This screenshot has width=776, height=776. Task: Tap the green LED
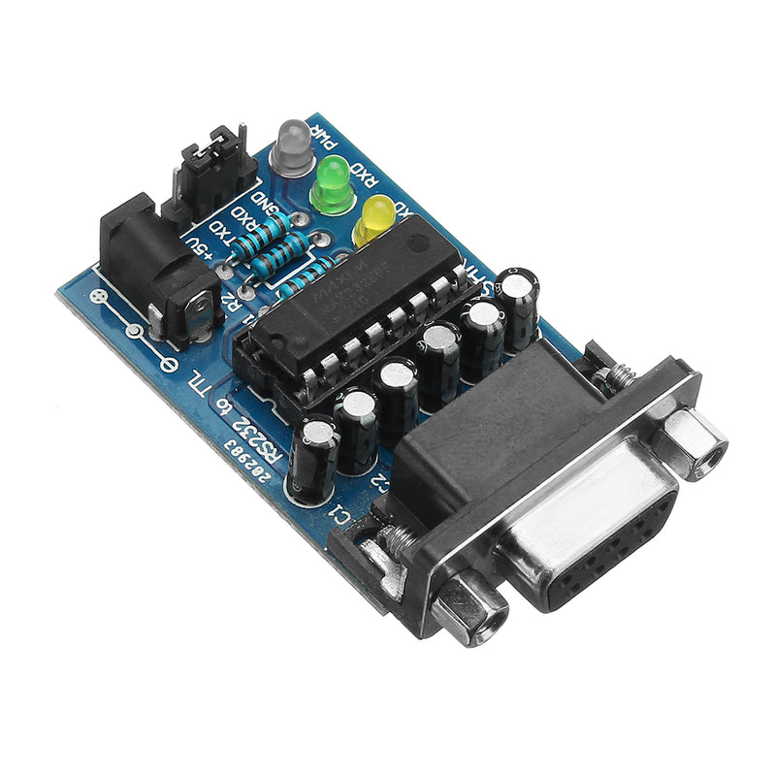(x=332, y=182)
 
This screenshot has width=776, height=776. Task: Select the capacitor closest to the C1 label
(x=312, y=456)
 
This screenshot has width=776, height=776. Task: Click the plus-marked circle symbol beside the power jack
(x=96, y=296)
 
